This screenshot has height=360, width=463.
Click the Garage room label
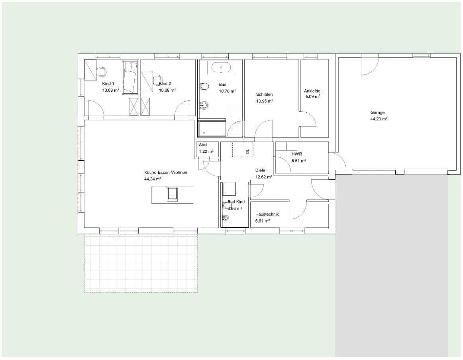pos(377,112)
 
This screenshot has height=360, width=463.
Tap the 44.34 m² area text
pos(153,179)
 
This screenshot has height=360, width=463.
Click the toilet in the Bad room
pos(205,86)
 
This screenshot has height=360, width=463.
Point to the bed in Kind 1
pos(130,77)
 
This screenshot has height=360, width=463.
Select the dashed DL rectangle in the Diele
pos(243,150)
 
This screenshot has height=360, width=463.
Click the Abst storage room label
pos(203,145)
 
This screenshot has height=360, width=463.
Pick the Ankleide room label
pos(312,91)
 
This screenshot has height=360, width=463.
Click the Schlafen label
pos(264,94)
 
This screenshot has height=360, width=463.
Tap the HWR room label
pos(297,154)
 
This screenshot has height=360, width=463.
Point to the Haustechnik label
pos(267,214)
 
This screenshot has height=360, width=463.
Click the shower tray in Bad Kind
pos(229,189)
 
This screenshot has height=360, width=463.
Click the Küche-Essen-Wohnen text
pos(165,173)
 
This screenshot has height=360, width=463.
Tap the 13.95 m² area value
pos(264,101)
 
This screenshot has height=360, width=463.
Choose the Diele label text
pos(260,170)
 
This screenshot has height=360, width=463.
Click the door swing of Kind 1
pos(96,110)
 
